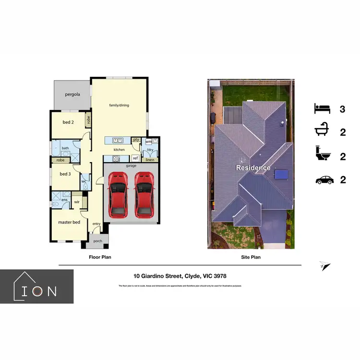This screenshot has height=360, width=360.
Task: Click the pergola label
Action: (72, 95)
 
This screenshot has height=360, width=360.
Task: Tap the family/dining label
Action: (119, 106)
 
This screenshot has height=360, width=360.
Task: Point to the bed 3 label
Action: (65, 174)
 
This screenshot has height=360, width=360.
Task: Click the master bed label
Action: (69, 223)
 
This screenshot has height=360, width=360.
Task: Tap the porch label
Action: (97, 241)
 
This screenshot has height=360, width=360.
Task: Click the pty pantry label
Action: (136, 140)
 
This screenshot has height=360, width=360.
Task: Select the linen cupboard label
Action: (150, 159)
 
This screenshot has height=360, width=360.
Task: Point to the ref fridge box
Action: (135, 158)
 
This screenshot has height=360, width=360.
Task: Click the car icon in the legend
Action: (324, 180)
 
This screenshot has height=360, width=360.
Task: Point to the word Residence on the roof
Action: (252, 168)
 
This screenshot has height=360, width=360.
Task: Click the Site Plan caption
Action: (251, 257)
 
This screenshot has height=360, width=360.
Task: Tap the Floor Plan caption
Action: (100, 257)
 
